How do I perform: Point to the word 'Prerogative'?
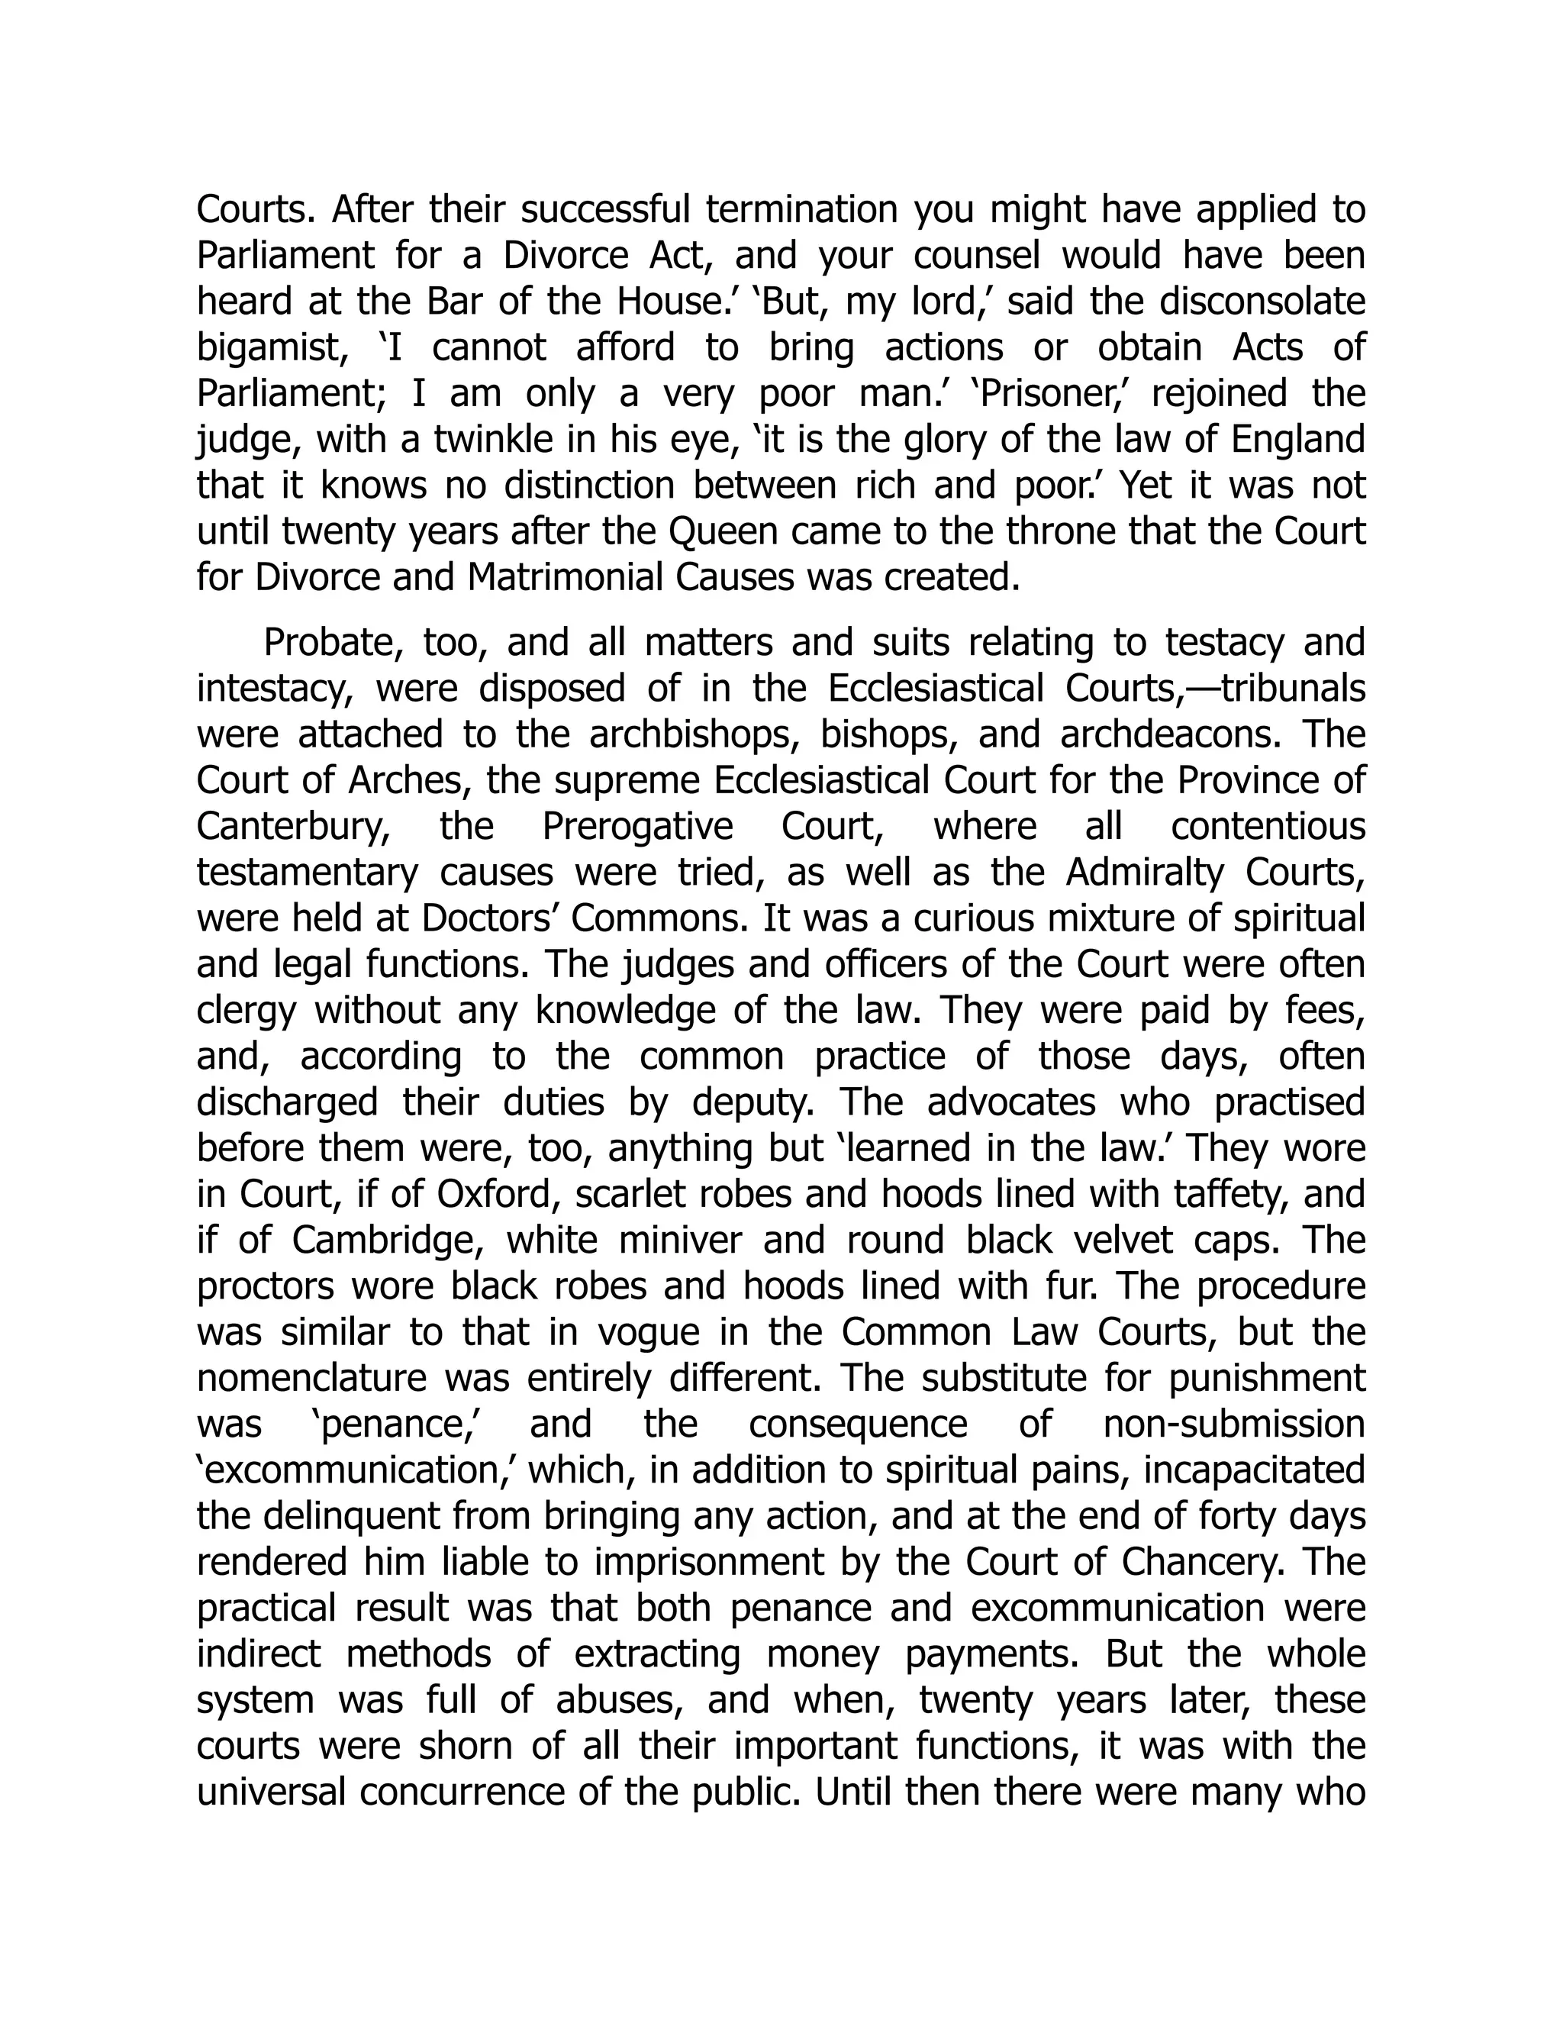(637, 826)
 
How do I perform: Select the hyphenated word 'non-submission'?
(1233, 1424)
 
